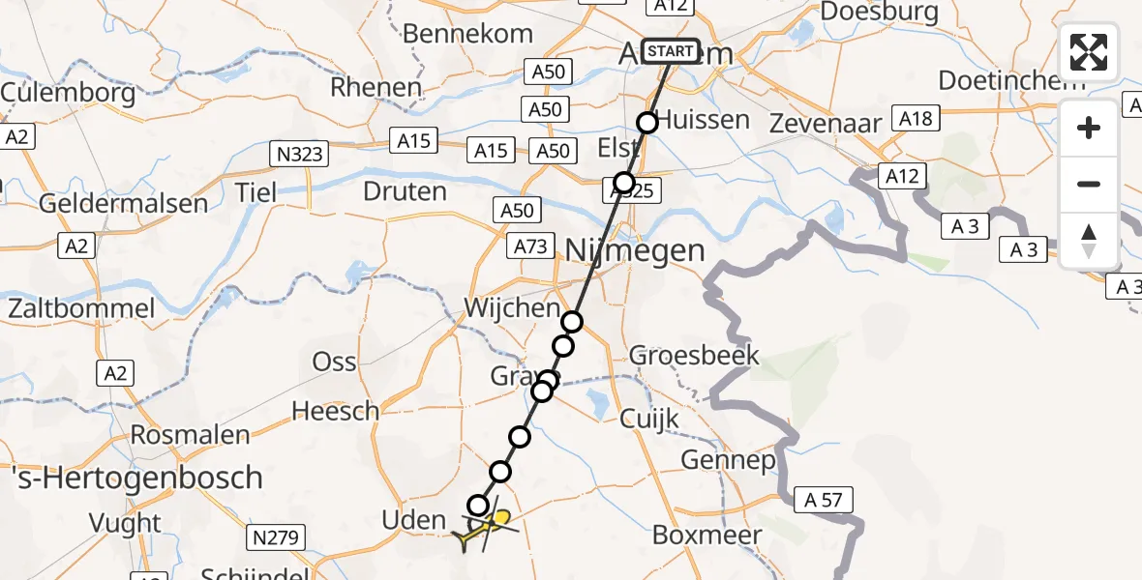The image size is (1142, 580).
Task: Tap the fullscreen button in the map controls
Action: [x=1089, y=51]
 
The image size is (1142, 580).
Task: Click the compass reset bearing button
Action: [x=1089, y=240]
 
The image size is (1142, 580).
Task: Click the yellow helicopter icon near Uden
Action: [x=485, y=528]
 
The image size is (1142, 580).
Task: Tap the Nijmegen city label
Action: [x=635, y=251]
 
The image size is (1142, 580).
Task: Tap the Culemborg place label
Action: [x=68, y=94]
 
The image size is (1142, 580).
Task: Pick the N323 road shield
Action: [x=299, y=153]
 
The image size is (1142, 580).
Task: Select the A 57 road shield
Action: [x=823, y=500]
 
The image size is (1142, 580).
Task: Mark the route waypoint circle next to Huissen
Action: [x=647, y=122]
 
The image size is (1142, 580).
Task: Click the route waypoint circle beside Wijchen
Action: [x=573, y=322]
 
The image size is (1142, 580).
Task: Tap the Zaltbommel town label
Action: [x=81, y=309]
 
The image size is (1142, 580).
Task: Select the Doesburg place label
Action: [x=879, y=12]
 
